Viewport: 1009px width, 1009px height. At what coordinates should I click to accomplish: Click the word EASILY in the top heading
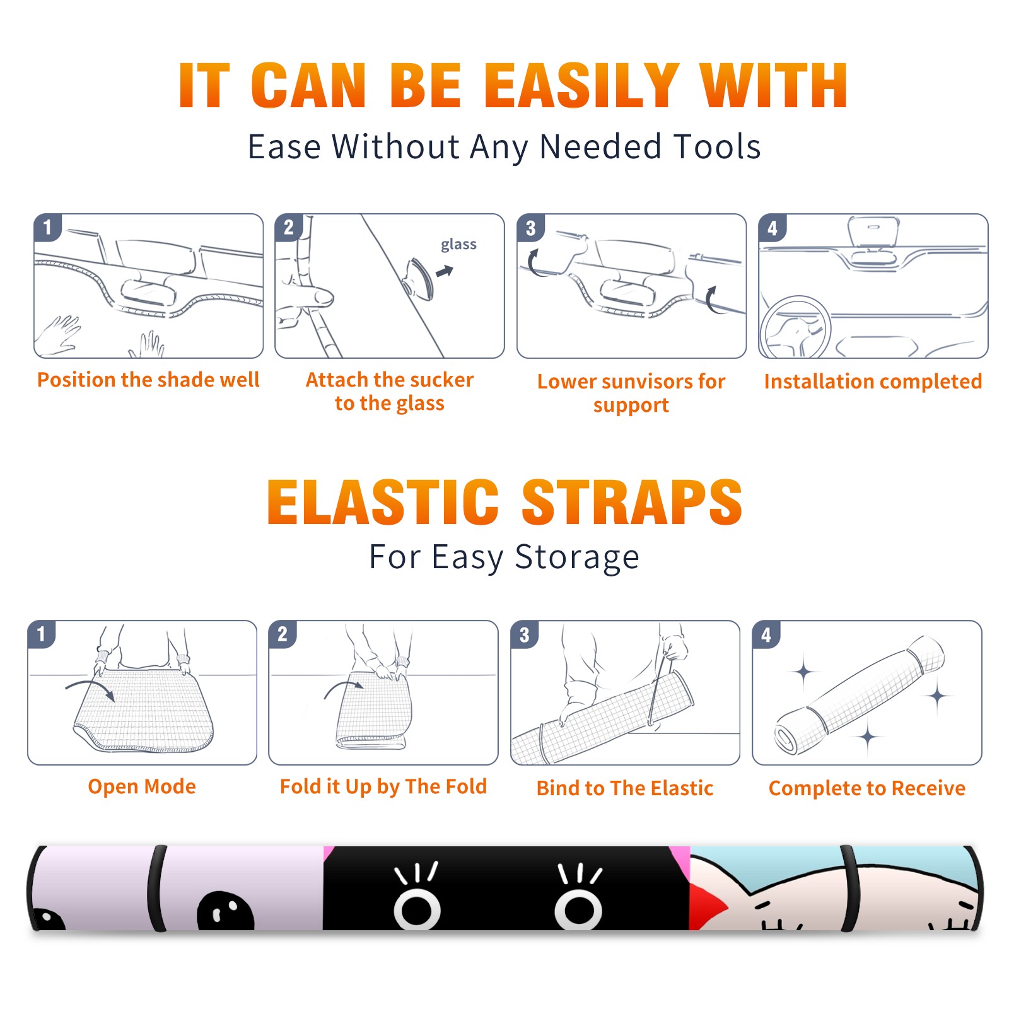[582, 86]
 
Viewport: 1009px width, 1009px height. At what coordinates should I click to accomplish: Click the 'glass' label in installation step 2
[458, 245]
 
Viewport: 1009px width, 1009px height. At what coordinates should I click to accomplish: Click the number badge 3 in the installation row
[531, 228]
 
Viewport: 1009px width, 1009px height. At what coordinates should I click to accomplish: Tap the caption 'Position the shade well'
[148, 380]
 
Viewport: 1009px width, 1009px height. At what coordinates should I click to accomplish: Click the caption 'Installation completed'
[873, 381]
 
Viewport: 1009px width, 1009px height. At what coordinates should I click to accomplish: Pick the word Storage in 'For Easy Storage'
[577, 557]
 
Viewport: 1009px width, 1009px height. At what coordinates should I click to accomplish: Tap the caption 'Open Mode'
[142, 786]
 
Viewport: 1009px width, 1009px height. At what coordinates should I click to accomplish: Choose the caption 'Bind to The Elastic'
[625, 788]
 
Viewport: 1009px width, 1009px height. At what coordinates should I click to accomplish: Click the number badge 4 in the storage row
[766, 634]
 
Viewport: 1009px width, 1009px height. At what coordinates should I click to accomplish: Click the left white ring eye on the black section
[417, 909]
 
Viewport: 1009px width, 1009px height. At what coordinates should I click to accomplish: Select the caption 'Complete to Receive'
[867, 788]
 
